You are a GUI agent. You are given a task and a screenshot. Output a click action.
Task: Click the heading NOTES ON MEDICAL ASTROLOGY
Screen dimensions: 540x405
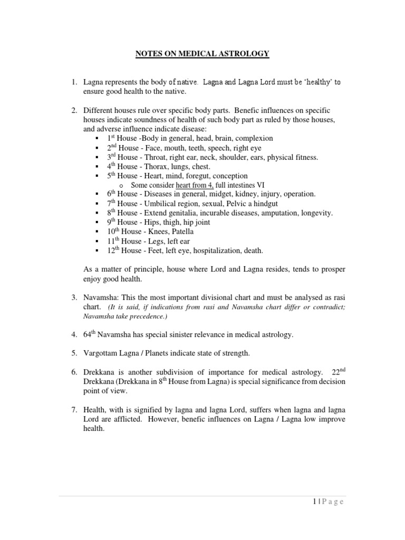point(202,54)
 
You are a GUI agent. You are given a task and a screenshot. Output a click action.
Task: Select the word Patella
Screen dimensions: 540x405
point(181,232)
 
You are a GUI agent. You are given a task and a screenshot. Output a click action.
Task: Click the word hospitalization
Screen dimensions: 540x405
point(212,250)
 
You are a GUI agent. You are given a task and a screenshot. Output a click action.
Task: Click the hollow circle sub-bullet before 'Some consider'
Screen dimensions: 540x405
point(122,186)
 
